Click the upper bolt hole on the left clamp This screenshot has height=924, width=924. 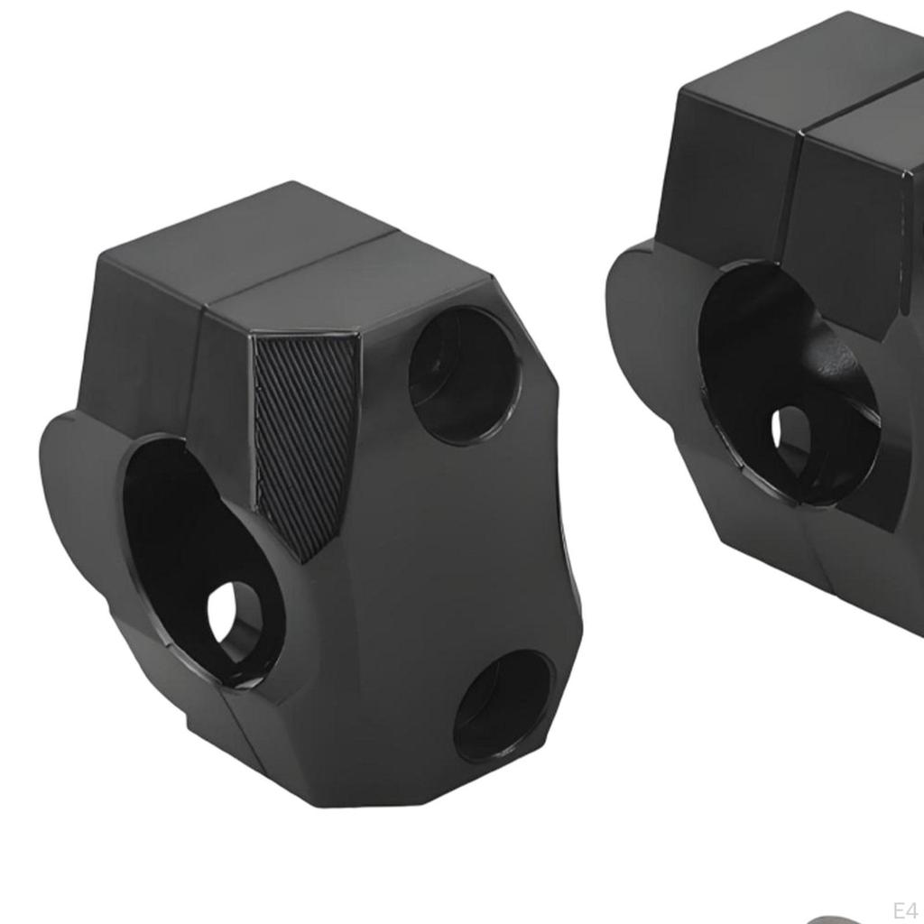(x=464, y=374)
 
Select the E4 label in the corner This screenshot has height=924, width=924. (x=904, y=909)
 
